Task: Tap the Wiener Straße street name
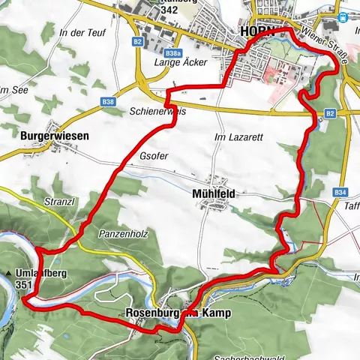point(324,45)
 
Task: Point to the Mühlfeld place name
point(214,193)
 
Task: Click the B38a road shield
point(173,53)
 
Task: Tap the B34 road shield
point(338,192)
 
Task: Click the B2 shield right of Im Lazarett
point(330,113)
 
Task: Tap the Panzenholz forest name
point(120,234)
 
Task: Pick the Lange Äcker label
point(178,65)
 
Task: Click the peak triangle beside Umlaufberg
point(8,274)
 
